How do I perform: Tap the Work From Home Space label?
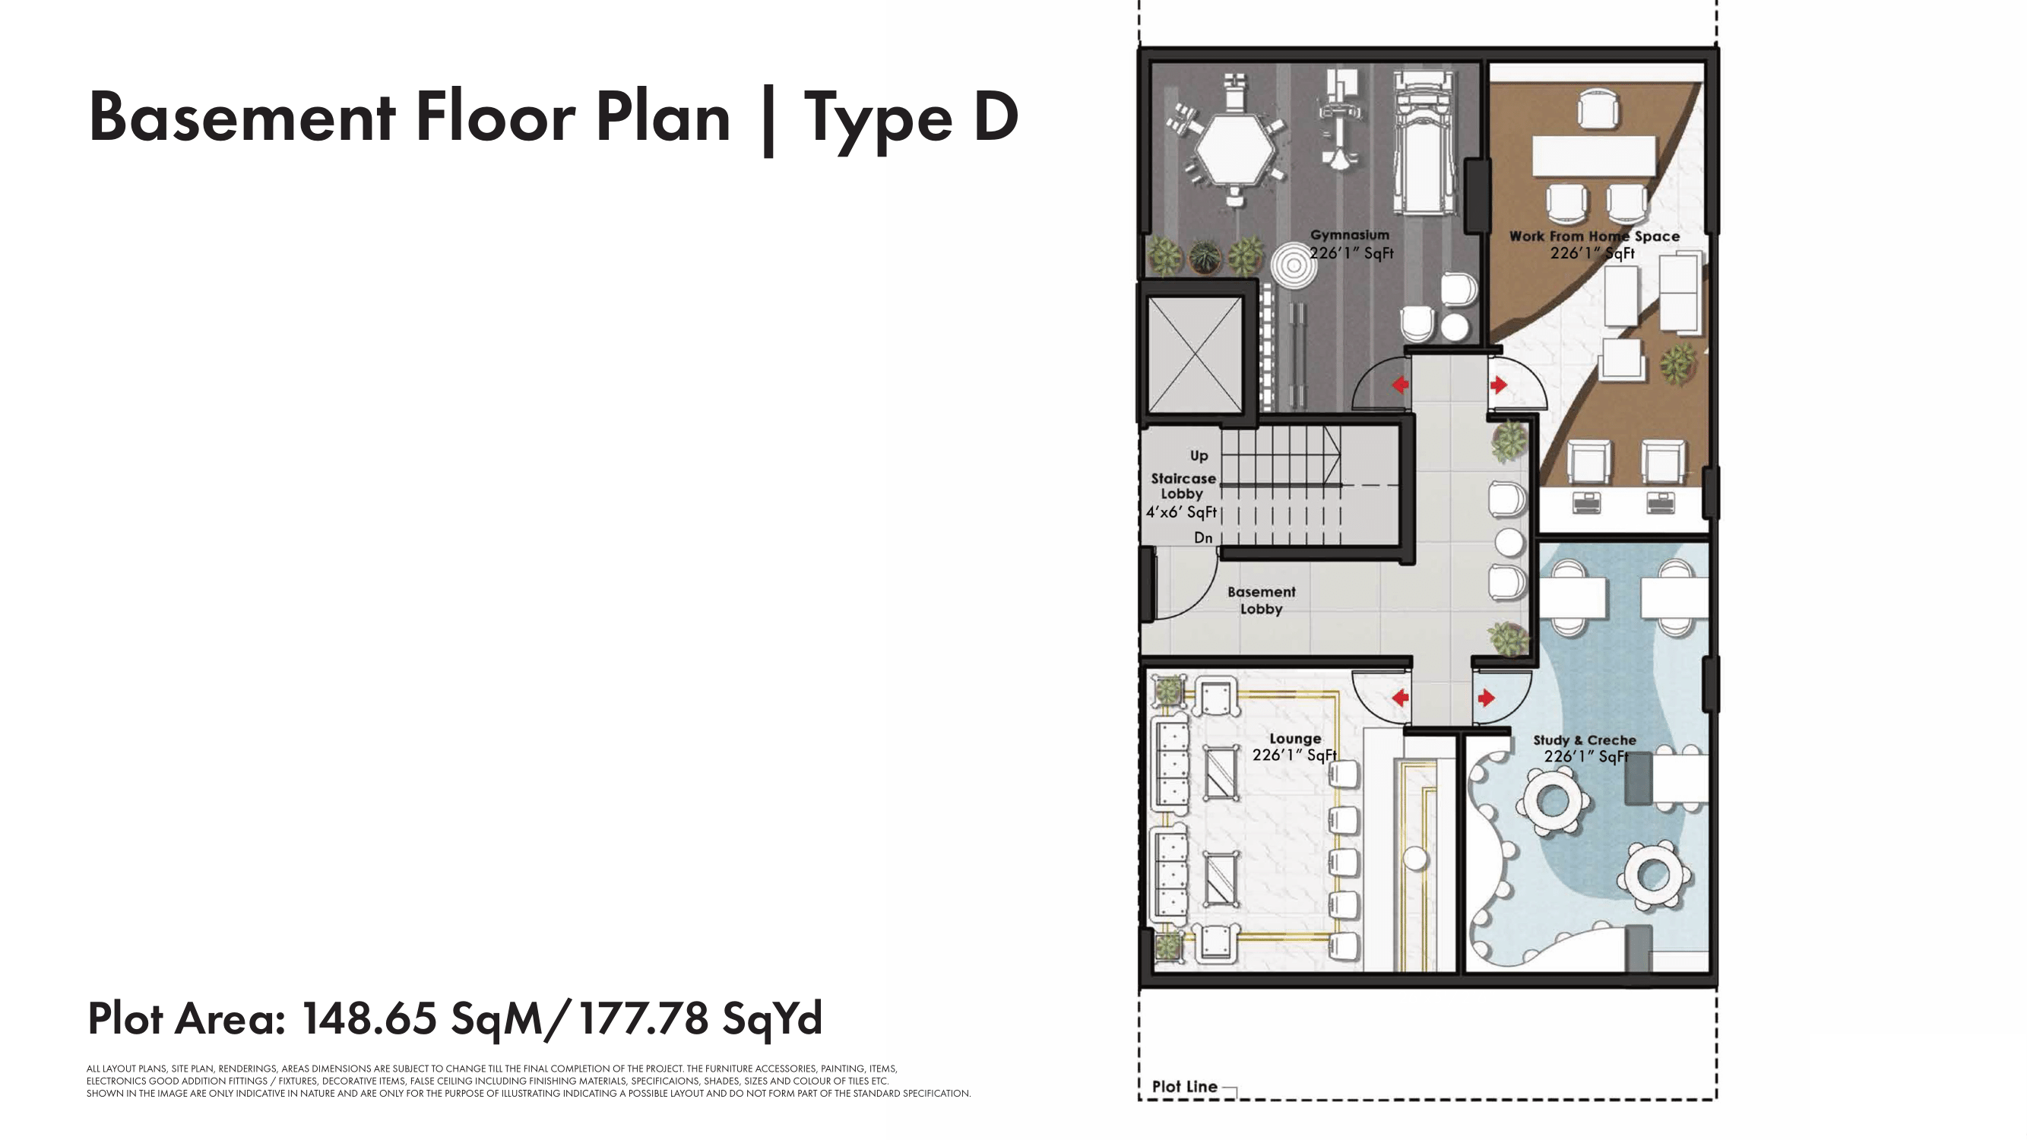click(x=1595, y=236)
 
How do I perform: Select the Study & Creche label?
click(x=1585, y=740)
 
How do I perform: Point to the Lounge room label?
click(x=1295, y=739)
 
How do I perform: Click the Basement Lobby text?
click(x=1262, y=600)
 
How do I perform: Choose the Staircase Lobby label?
click(x=1183, y=486)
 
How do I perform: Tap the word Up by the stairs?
click(x=1199, y=456)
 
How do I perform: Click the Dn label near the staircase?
click(x=1203, y=538)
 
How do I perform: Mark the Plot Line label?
click(x=1184, y=1087)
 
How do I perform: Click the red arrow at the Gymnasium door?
click(x=1400, y=385)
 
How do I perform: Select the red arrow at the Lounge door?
click(x=1400, y=698)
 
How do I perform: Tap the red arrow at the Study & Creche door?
click(x=1487, y=698)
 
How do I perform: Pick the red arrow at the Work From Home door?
click(x=1498, y=385)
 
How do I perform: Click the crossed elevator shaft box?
click(x=1195, y=355)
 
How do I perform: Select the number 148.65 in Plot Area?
click(x=369, y=1018)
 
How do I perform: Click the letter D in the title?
click(x=996, y=117)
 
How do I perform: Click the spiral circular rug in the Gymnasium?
click(x=1293, y=266)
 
